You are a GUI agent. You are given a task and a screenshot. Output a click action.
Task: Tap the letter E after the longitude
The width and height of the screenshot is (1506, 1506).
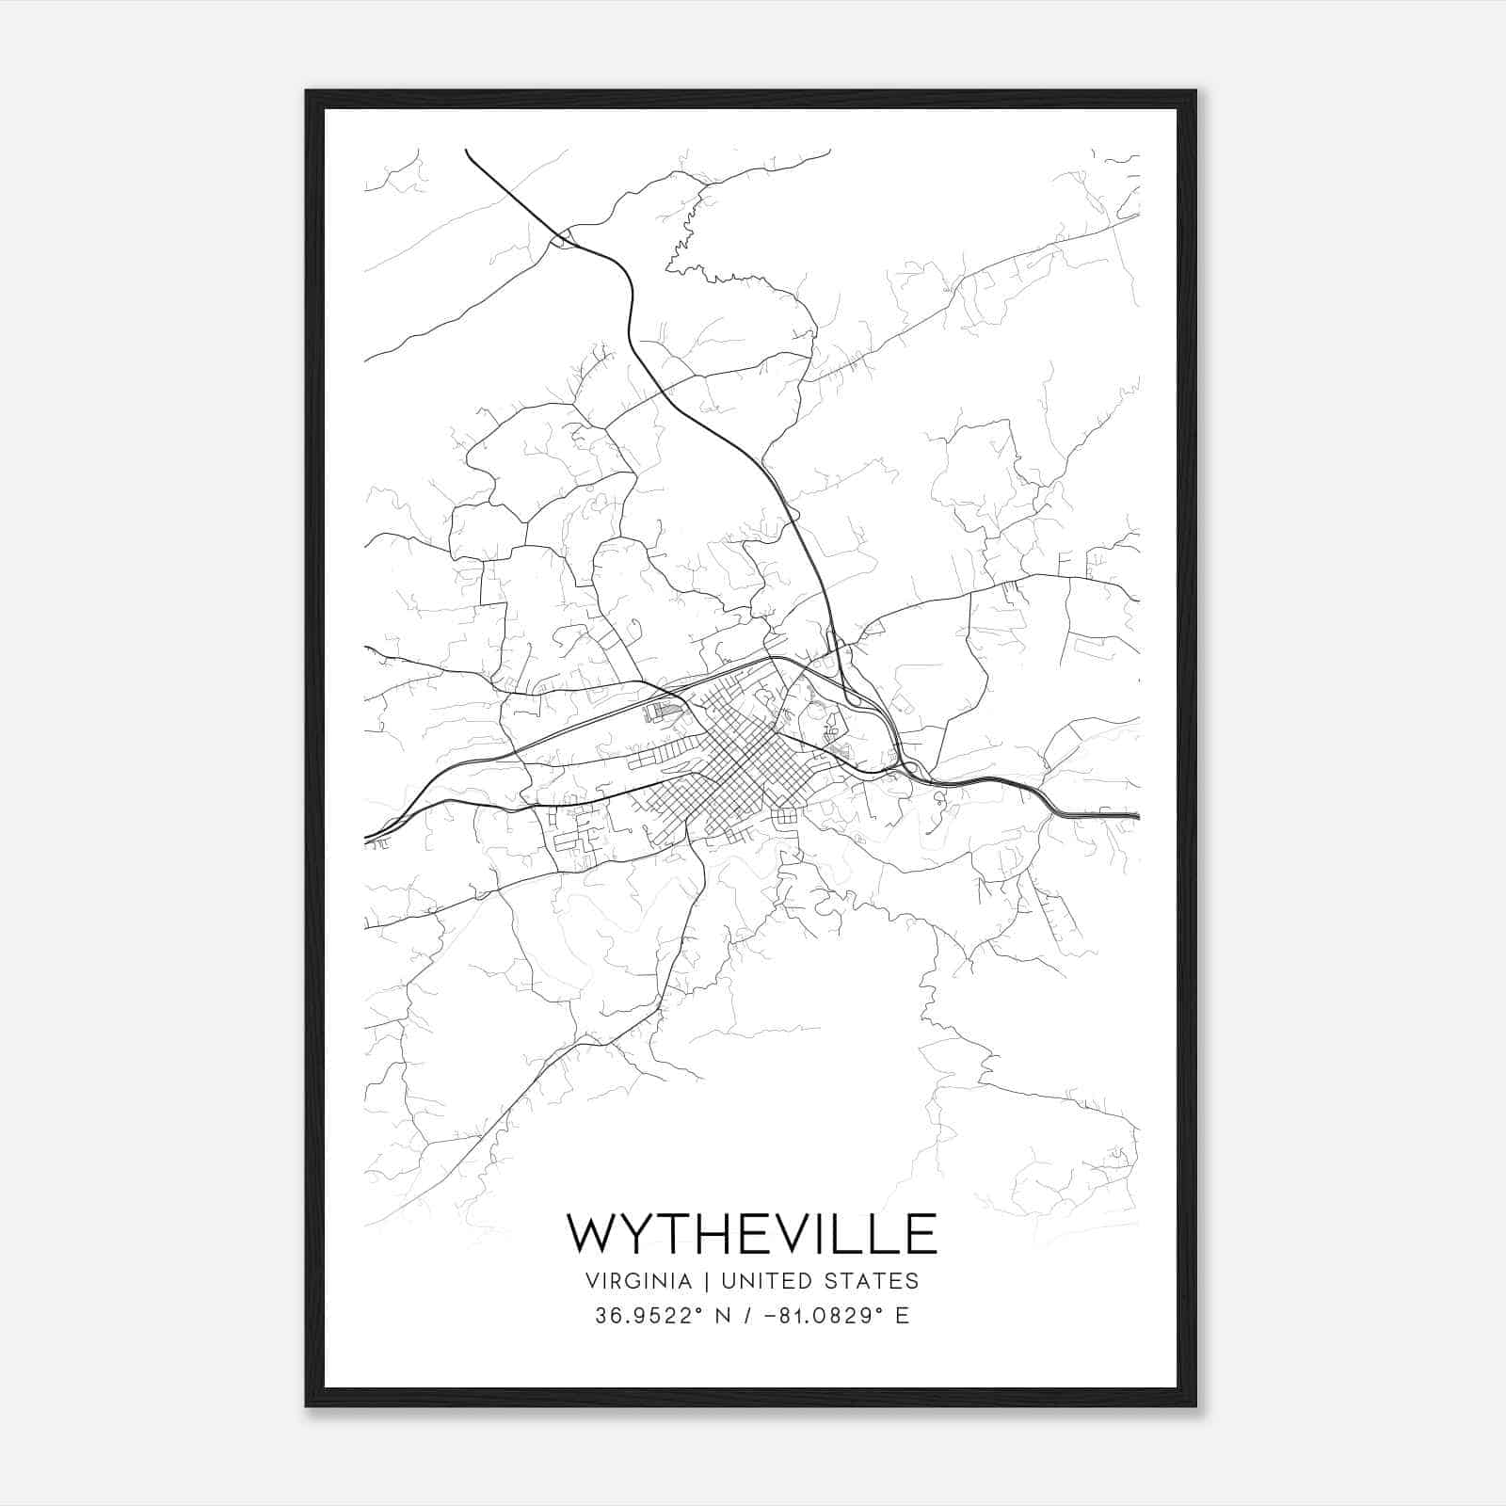point(903,1316)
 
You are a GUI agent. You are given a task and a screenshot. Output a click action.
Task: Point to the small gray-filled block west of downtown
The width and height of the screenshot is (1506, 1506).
point(665,713)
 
